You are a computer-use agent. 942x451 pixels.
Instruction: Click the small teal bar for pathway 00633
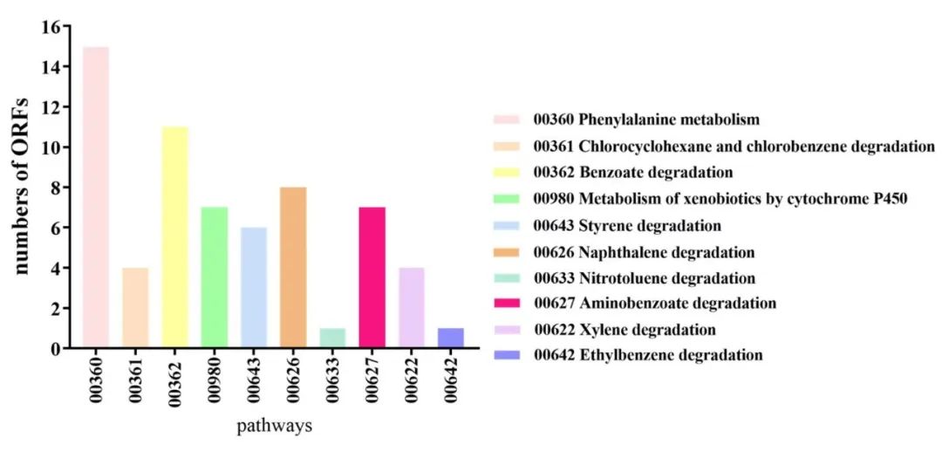pos(332,338)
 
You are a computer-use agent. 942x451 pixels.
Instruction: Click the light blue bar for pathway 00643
pos(254,288)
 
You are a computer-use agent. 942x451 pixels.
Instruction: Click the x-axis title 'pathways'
pos(275,427)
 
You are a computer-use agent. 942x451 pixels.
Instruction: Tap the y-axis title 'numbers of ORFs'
pos(24,188)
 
